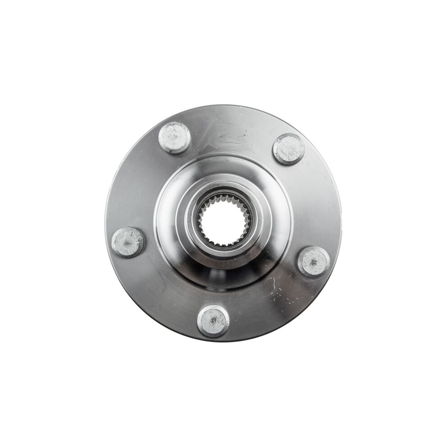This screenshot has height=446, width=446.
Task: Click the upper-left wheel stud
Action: point(175,138)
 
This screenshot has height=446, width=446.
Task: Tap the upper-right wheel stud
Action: point(289,149)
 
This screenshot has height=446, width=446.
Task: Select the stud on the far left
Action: point(128,242)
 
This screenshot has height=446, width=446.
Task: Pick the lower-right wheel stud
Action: point(313,261)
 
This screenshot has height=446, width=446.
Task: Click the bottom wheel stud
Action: point(213,321)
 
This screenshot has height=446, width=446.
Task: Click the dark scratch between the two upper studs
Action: point(243,134)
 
